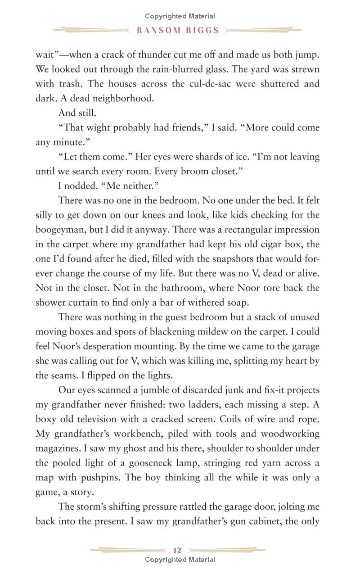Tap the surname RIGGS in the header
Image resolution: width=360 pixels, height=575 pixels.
tap(204, 31)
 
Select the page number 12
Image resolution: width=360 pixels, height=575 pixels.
tap(177, 550)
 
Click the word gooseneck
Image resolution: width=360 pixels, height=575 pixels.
tap(180, 462)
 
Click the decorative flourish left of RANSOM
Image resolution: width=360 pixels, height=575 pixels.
tap(90, 31)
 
